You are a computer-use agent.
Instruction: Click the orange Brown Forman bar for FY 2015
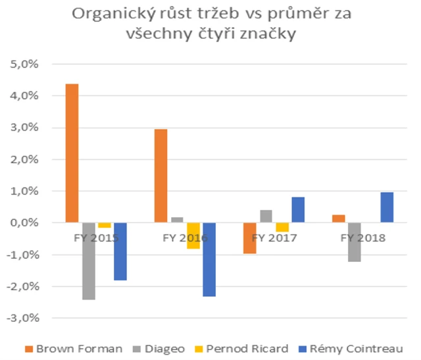[72, 153]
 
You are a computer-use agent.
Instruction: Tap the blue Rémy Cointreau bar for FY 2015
[120, 251]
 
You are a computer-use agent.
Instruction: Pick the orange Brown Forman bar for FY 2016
[161, 176]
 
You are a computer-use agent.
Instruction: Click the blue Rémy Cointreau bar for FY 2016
[209, 259]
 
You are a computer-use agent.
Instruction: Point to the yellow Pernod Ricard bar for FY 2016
[193, 236]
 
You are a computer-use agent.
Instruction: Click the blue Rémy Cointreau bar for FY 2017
[297, 210]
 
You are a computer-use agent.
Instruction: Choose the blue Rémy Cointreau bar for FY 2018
[386, 207]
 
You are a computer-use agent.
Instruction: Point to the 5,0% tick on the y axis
[25, 64]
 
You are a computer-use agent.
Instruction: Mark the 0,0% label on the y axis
[25, 223]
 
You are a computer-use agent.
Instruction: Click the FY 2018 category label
[363, 237]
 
